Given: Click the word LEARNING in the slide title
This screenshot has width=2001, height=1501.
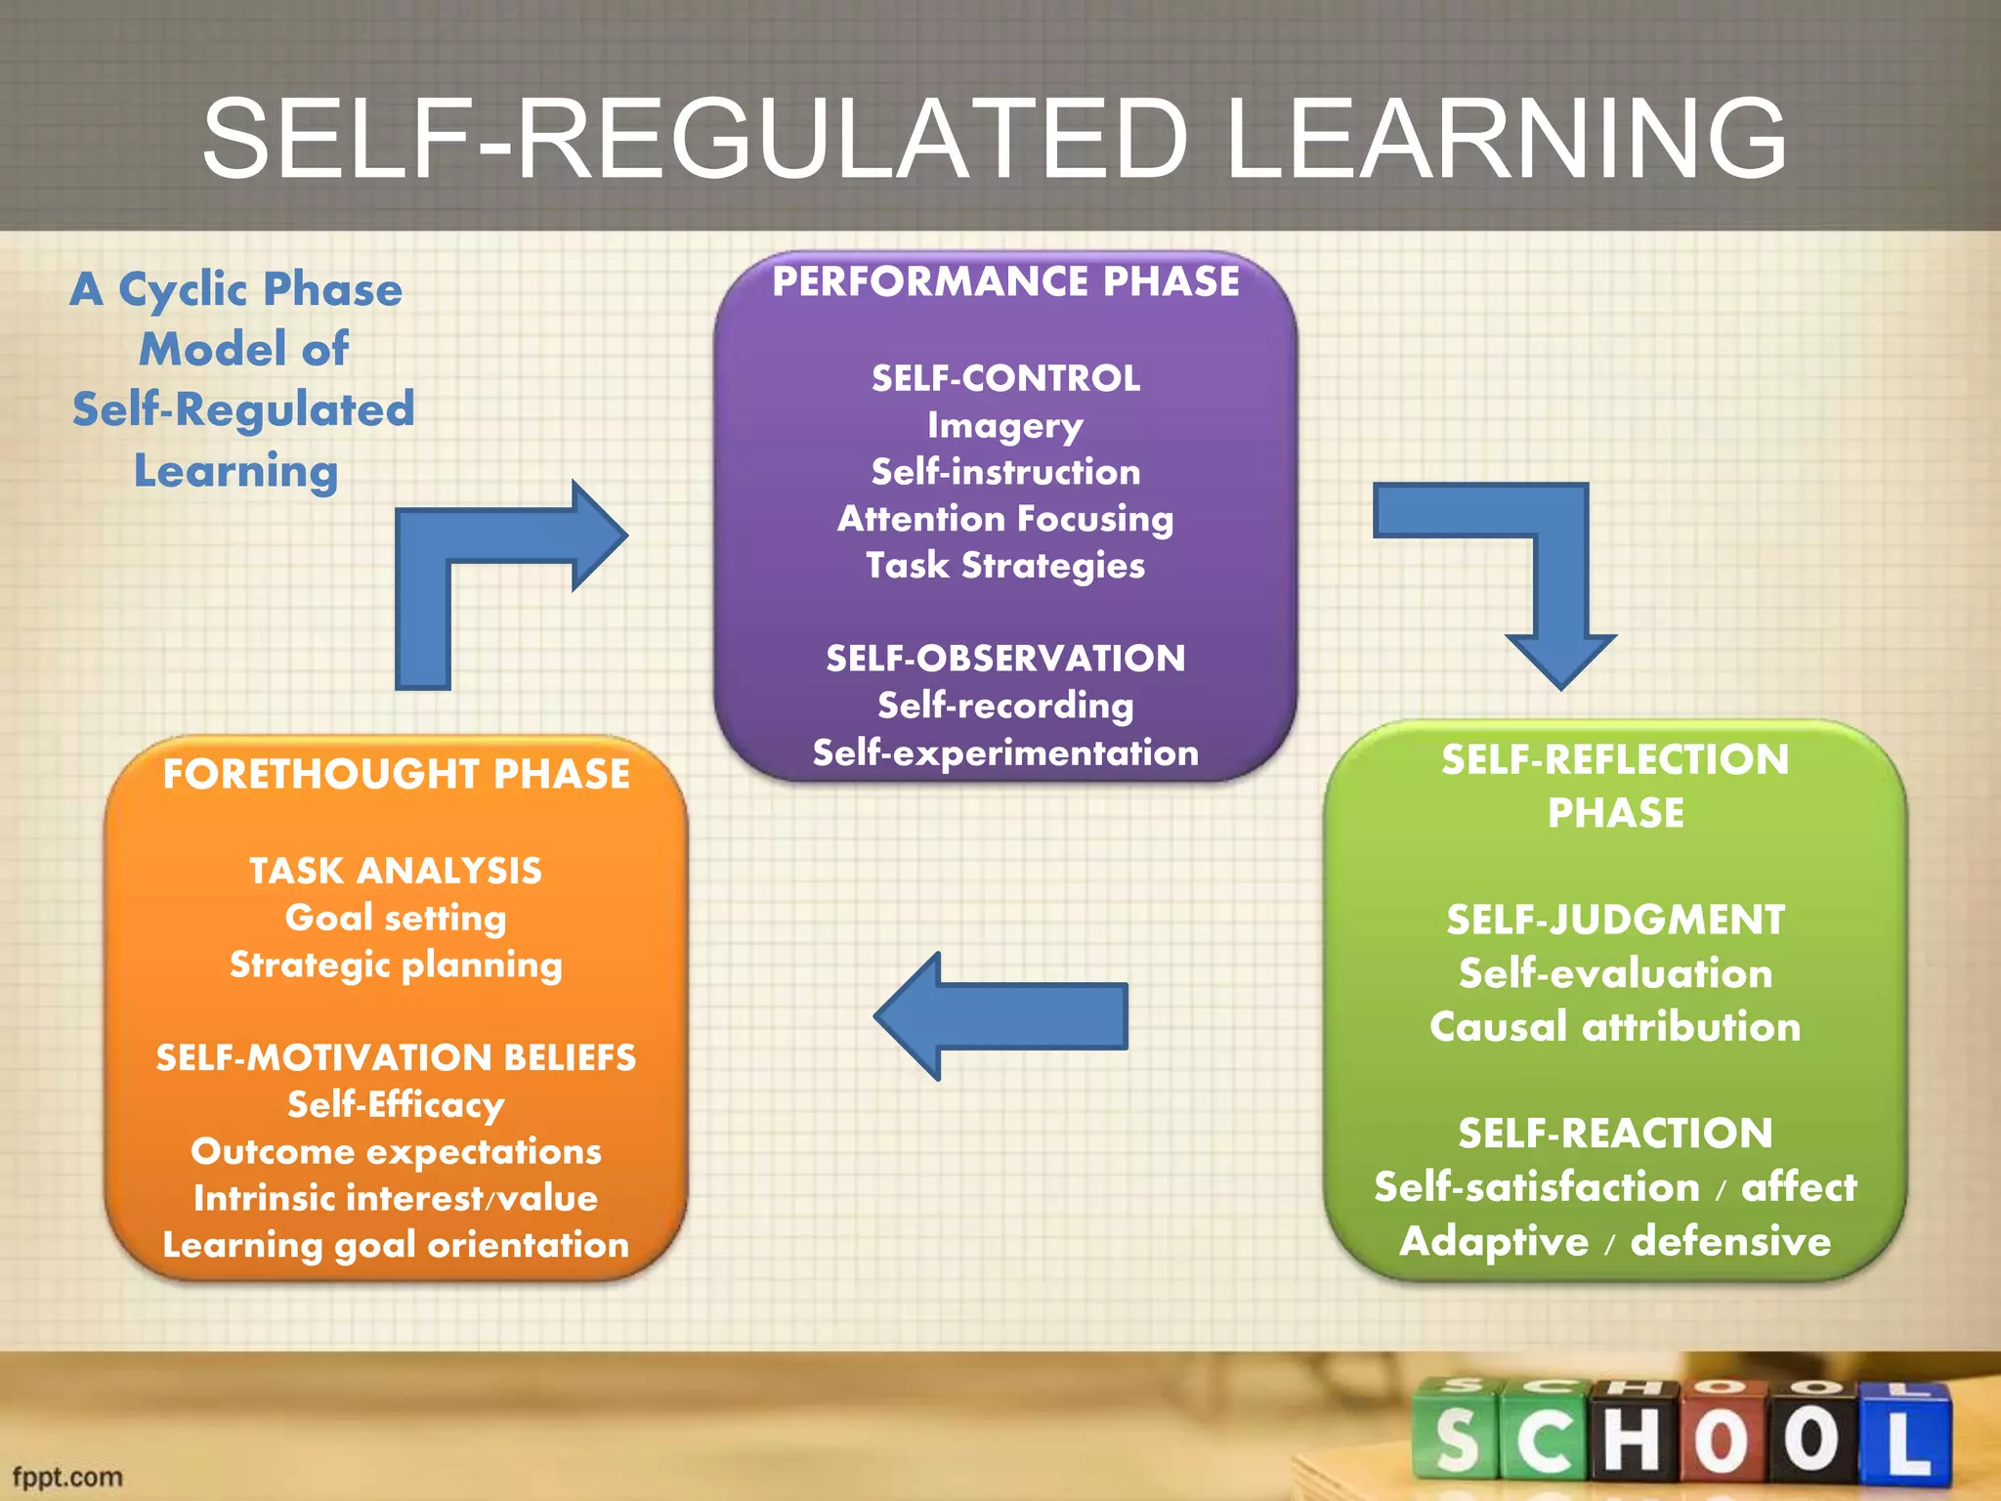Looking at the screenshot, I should coord(1505,139).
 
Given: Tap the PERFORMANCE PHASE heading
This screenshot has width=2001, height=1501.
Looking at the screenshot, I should coord(1005,281).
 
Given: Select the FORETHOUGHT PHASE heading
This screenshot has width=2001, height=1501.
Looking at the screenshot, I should coord(396,774).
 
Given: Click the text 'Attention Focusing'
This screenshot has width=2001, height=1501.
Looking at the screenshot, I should coord(1005,518).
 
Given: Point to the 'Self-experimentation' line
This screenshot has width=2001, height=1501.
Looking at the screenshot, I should coord(1005,752).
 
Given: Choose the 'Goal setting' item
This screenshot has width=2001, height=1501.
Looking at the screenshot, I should coord(396,918).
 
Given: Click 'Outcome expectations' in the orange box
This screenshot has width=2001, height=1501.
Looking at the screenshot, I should coord(396,1151).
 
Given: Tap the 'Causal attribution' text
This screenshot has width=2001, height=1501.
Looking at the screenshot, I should coord(1614,1027).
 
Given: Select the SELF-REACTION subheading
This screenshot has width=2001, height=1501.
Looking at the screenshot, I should coord(1614,1134).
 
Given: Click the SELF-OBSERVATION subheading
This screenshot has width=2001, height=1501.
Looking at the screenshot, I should coord(1005,659).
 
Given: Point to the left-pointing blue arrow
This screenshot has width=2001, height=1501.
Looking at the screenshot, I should coord(1001,1016).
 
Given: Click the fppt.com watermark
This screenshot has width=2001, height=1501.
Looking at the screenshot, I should coord(66,1477).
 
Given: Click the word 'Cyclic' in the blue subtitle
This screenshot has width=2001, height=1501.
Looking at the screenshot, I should coord(183,290).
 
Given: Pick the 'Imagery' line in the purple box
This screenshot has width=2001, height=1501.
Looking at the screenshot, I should coord(1005,425).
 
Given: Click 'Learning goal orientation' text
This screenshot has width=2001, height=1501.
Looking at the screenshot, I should coord(396,1245).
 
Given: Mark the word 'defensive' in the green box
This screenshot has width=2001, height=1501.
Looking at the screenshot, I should coord(1730,1241).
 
